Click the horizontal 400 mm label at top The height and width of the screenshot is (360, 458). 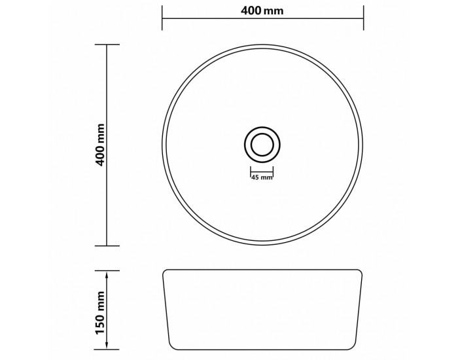tap(262, 11)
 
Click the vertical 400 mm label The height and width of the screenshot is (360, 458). tap(101, 145)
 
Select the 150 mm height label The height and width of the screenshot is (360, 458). tap(101, 312)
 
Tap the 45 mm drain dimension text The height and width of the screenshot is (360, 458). tap(262, 177)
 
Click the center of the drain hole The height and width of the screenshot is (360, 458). tap(262, 145)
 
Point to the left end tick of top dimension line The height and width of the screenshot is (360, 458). tap(162, 18)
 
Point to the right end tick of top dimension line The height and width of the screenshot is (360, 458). tap(363, 18)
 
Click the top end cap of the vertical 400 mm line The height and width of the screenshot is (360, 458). tap(107, 45)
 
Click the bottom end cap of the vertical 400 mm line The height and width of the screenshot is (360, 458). tap(107, 245)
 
